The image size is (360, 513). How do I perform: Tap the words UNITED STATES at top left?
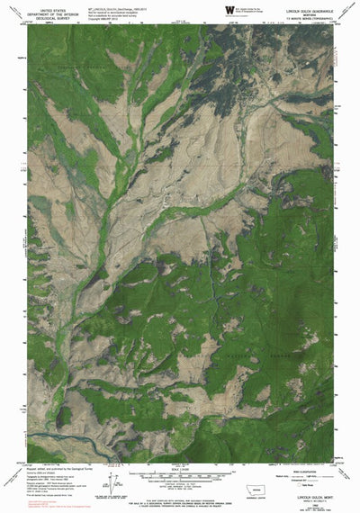coord(40,6)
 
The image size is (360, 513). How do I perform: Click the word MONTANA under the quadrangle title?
coord(313,13)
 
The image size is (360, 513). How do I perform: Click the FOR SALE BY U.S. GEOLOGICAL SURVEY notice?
coord(180,493)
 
